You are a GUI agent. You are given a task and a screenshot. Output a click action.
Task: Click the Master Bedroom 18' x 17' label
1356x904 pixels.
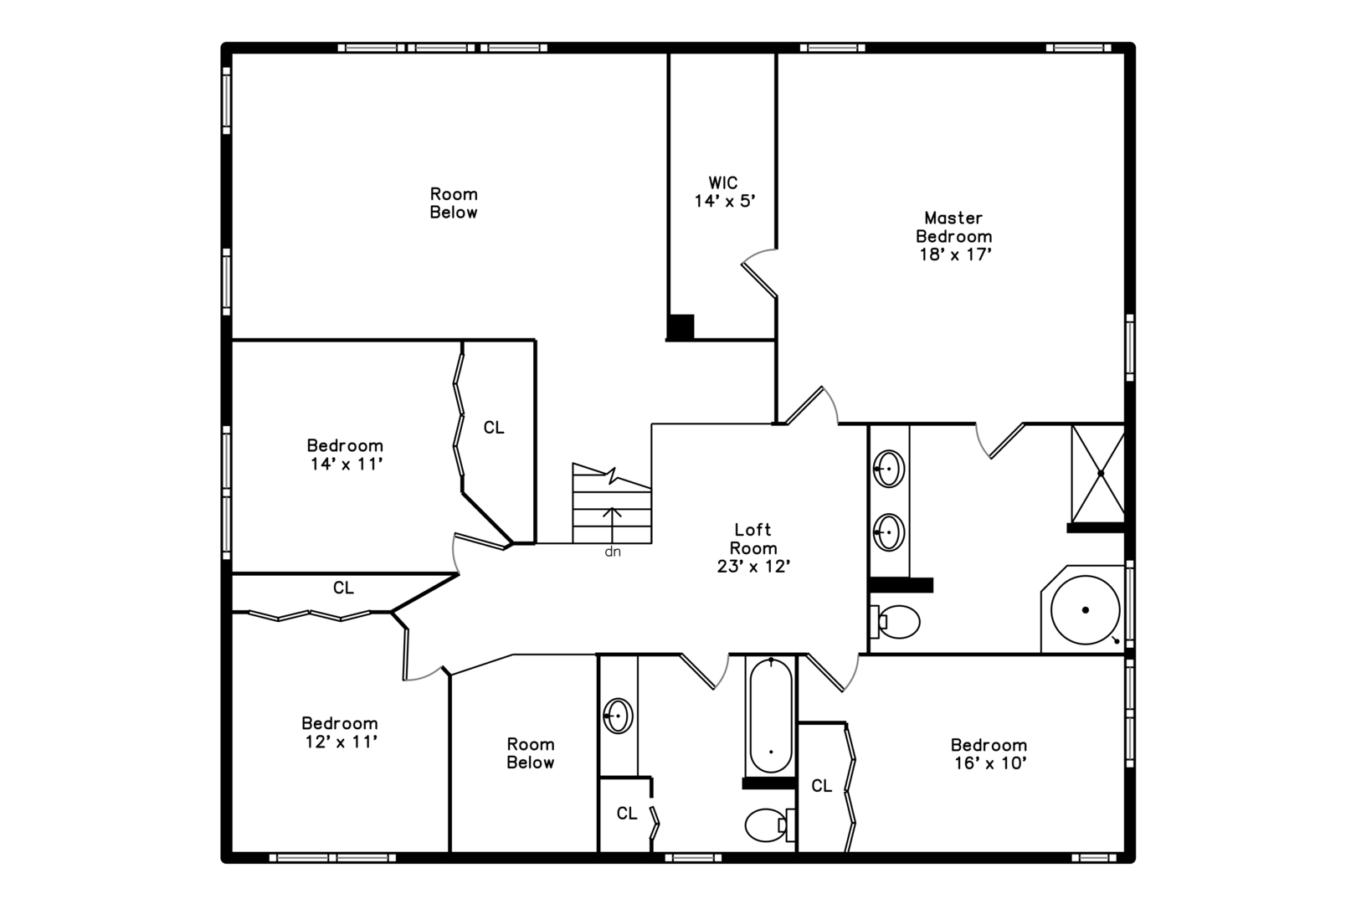coord(954,236)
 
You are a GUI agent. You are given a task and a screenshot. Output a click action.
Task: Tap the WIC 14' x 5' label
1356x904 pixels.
coord(724,192)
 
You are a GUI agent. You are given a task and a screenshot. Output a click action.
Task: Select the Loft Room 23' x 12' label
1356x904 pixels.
coord(753,548)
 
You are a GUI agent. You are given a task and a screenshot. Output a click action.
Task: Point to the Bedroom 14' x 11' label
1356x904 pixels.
coord(345,455)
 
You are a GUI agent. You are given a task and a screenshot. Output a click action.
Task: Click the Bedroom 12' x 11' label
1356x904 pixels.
coord(340,732)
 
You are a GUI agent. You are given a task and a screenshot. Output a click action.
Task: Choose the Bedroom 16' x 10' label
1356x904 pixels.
coord(989,754)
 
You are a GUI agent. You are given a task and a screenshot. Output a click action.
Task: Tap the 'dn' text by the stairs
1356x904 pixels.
coord(613,552)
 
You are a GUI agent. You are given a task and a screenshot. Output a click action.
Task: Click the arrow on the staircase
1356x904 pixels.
coord(612,525)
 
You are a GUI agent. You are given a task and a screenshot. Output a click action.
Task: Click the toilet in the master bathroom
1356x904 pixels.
coord(895,621)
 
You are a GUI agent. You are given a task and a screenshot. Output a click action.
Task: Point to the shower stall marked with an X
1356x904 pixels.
coord(1098,474)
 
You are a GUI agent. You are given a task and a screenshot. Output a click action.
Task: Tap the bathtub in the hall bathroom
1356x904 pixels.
coord(771,716)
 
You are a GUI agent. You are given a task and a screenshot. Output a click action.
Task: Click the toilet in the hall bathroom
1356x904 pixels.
coord(769,824)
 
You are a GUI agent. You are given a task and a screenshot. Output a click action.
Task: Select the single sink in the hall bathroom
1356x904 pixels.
coord(618,716)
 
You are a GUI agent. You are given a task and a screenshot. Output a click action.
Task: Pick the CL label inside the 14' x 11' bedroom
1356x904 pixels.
coord(494,428)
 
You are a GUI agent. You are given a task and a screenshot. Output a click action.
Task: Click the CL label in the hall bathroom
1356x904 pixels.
coord(627,814)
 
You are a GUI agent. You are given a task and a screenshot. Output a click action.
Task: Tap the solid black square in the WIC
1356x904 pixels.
coord(681,327)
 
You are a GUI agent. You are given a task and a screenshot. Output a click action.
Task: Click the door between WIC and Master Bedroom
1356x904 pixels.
coord(759,273)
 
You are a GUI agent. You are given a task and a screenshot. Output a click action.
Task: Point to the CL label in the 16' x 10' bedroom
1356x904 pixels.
coord(821,786)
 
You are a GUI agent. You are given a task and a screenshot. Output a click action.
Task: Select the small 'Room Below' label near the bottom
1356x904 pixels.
coord(531,753)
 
